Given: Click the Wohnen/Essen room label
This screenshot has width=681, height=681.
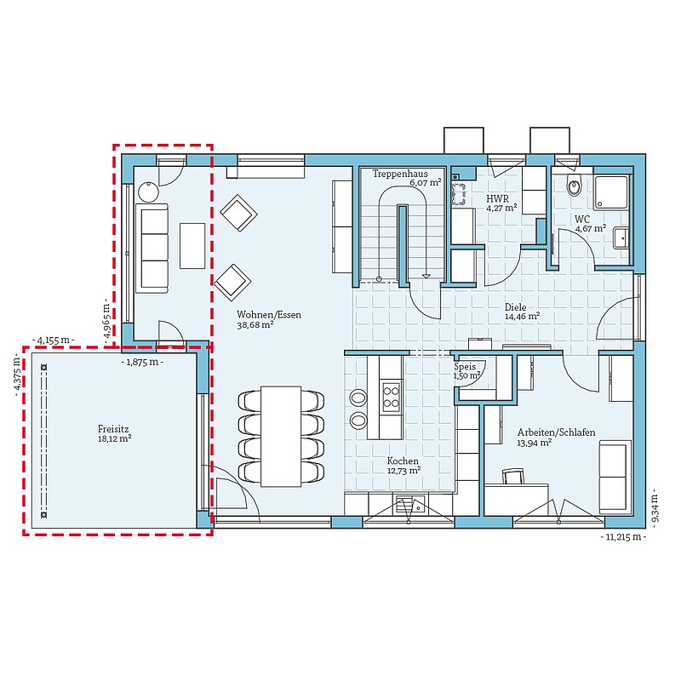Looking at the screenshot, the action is point(269,314).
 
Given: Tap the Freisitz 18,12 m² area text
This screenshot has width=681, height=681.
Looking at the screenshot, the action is point(114,434).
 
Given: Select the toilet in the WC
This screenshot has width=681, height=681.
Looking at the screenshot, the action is point(574,187).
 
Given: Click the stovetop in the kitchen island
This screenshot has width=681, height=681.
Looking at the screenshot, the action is point(391,397).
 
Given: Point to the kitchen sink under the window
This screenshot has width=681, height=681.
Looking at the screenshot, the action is point(409,505).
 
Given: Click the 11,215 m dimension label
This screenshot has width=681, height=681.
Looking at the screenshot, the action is point(623,537).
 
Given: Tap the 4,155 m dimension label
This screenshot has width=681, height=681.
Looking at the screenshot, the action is point(53,340).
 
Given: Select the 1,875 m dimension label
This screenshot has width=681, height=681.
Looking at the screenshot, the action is point(142,362).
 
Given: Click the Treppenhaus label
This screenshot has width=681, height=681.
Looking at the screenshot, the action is point(400,174).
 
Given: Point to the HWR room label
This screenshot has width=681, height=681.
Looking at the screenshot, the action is point(497,199).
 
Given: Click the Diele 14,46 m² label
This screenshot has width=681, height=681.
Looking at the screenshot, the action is point(522,312).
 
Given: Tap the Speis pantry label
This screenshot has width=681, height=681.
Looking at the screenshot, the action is point(465,367).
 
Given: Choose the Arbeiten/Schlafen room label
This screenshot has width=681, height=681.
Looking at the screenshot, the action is point(556,432).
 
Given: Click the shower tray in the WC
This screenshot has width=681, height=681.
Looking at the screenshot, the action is point(611,193).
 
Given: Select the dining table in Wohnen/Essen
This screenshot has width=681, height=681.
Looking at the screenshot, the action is point(281,436).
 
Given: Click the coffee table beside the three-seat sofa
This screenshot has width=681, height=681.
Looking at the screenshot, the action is point(192,246).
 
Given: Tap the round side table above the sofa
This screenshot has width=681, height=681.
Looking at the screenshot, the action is point(149,191).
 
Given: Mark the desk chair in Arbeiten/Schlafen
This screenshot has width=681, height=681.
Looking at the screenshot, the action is point(513,477).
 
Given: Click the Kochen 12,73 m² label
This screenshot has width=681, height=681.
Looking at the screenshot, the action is point(403,465).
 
